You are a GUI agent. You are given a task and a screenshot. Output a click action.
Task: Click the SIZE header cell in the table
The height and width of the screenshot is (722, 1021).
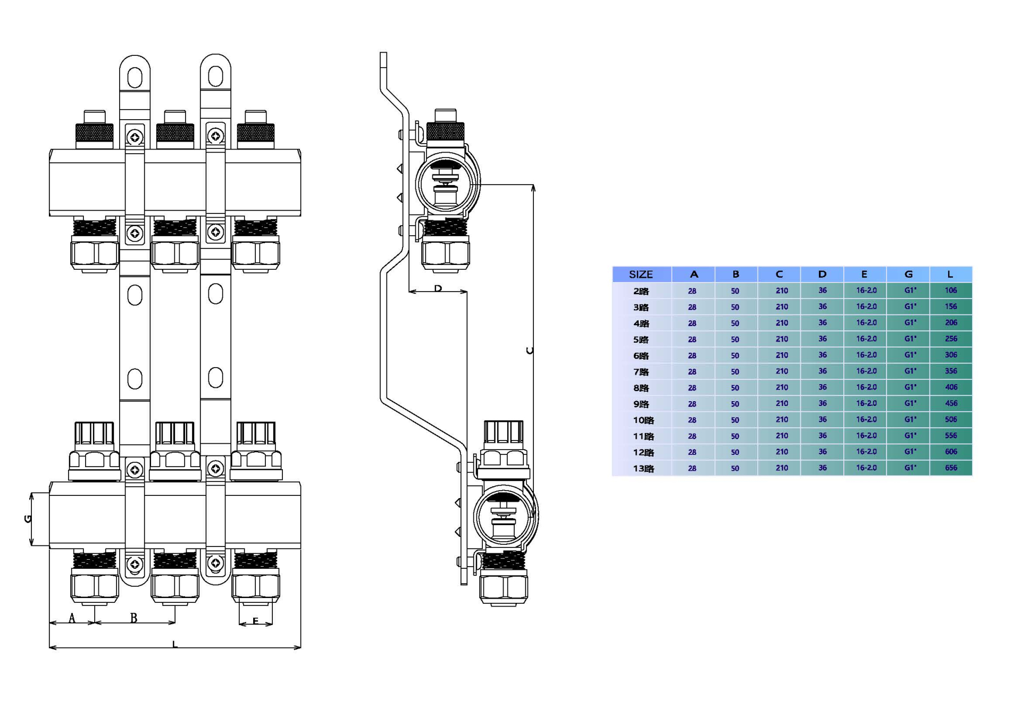click(x=641, y=275)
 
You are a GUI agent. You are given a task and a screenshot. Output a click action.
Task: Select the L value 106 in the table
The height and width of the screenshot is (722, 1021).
click(x=951, y=291)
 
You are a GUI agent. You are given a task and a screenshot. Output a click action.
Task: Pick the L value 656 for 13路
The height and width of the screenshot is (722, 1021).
click(x=951, y=468)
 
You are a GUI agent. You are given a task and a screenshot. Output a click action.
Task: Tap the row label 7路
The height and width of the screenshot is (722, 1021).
click(x=641, y=371)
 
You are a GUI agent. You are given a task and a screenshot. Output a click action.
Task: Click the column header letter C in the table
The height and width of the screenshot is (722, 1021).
click(x=779, y=275)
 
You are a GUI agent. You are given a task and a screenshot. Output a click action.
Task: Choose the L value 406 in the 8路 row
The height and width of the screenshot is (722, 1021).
click(x=951, y=387)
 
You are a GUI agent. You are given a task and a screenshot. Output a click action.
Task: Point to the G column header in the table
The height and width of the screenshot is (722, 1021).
click(x=908, y=275)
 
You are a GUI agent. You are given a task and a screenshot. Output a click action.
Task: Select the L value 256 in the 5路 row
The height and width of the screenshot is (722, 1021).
click(x=951, y=339)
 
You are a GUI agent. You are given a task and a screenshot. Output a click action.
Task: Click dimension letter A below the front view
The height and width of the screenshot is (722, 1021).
click(x=72, y=618)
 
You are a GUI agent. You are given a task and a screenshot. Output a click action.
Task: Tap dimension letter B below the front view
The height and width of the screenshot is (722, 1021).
click(x=134, y=618)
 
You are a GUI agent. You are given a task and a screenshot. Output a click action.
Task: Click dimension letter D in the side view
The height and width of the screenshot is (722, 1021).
click(x=438, y=288)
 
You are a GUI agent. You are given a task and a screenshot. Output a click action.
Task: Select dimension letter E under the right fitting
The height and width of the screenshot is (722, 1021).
click(x=255, y=621)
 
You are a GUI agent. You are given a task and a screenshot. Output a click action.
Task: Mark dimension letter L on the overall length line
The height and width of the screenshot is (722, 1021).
click(x=174, y=644)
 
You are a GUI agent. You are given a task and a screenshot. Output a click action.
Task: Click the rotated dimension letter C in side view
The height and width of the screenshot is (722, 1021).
click(x=529, y=351)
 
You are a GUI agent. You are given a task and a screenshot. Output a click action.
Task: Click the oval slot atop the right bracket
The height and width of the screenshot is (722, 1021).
click(x=215, y=77)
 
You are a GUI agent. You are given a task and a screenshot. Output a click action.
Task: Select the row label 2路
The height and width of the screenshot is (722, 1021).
click(x=641, y=291)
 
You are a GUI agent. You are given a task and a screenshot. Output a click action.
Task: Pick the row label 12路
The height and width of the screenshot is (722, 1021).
click(x=643, y=452)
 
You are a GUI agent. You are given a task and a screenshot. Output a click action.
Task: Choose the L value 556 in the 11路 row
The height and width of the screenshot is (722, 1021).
click(x=951, y=436)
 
